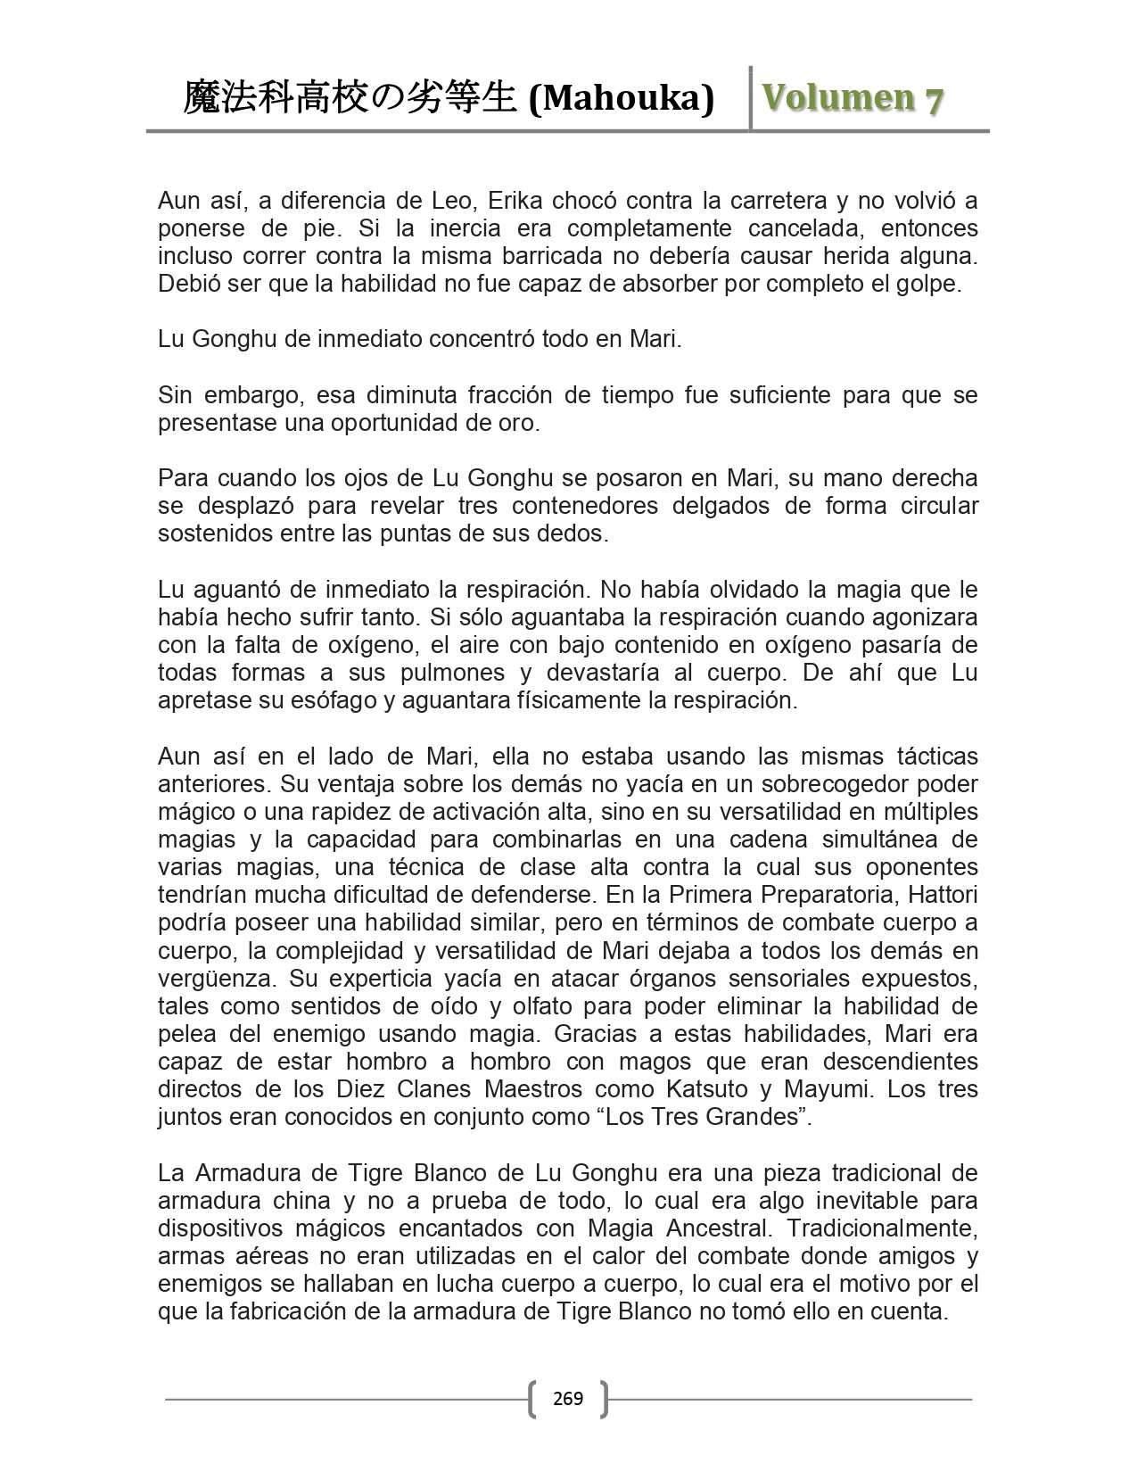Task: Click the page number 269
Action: click(568, 1398)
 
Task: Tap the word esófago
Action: click(337, 700)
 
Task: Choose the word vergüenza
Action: click(216, 979)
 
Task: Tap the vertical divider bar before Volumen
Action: click(751, 98)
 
